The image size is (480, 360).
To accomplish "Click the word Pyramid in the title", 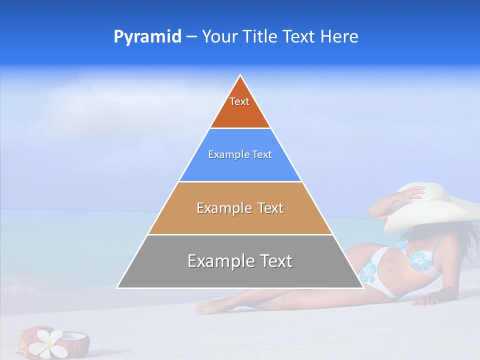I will (x=147, y=37).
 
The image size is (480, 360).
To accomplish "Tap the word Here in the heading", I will (x=339, y=36).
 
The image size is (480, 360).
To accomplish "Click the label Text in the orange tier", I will (x=239, y=101).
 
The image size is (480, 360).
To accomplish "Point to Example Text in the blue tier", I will (x=240, y=154).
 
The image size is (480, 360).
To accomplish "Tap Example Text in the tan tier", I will (x=240, y=208).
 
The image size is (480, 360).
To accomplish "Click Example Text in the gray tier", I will (x=240, y=261).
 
